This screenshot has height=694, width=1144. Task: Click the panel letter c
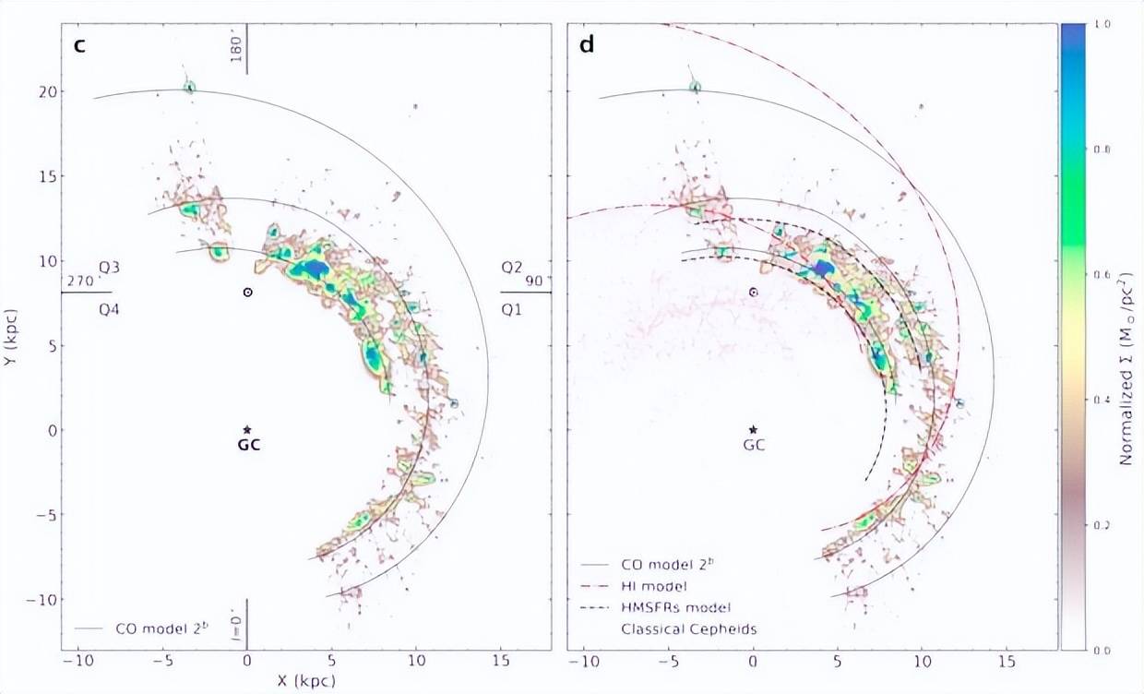79,44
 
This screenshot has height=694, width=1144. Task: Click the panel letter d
587,44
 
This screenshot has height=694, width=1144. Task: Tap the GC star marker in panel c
247,430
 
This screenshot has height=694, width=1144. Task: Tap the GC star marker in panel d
754,430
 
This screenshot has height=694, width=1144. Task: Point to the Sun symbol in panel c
247,292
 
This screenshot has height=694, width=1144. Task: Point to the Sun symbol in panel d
754,292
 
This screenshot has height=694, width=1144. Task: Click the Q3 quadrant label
110,268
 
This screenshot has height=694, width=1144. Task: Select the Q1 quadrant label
511,310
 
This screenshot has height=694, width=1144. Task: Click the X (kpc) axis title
306,682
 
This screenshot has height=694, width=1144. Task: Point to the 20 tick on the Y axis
46,91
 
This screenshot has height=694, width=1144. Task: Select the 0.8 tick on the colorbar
1102,149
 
